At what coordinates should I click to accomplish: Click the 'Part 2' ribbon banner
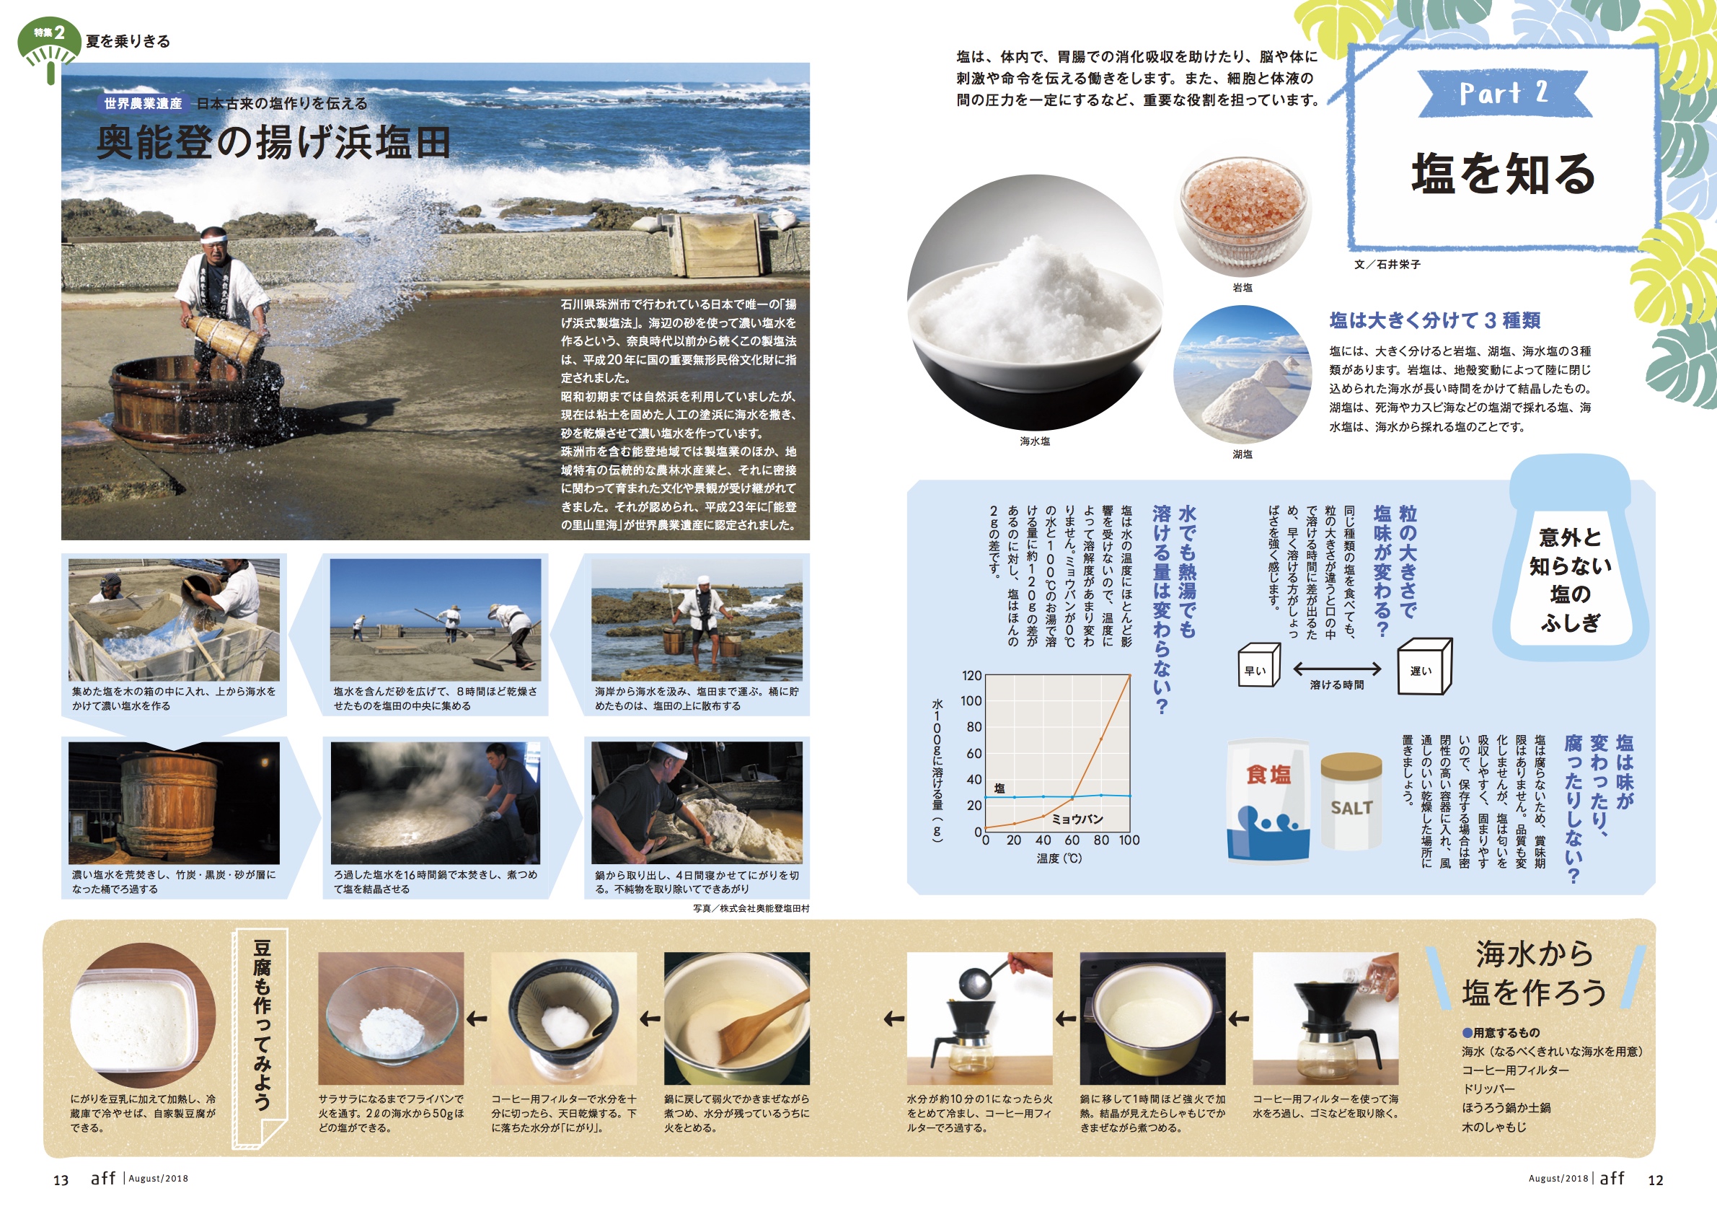point(1504,94)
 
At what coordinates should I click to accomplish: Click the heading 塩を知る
point(1504,174)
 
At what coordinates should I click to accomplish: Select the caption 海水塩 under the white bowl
point(1035,441)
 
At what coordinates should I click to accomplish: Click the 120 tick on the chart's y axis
point(971,675)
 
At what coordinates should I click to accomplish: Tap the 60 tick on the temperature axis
point(1072,840)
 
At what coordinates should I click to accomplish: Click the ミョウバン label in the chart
point(1077,819)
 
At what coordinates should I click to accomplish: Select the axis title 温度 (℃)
point(1059,858)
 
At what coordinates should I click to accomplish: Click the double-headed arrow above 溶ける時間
point(1337,668)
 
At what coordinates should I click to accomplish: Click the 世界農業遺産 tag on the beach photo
point(143,103)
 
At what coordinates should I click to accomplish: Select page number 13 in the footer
point(61,1180)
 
